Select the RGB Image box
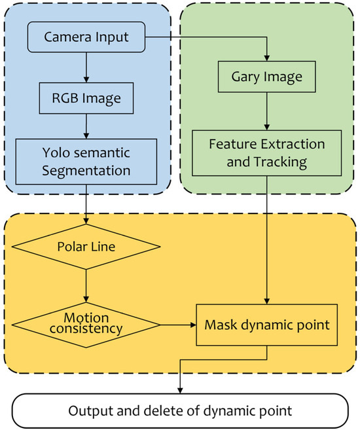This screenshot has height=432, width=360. click(86, 99)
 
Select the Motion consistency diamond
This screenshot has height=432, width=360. click(86, 323)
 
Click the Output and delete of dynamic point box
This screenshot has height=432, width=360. click(180, 411)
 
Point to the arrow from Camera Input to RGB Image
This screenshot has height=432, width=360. click(86, 66)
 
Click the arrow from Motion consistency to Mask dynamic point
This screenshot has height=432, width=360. click(177, 324)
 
